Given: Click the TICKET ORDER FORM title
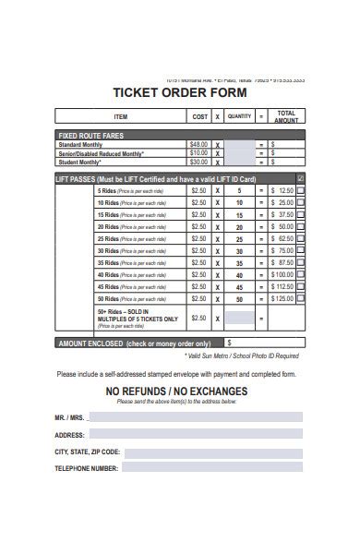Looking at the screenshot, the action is [179, 92].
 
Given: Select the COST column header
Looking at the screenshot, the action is [199, 117].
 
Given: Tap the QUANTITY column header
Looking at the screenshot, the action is [239, 117].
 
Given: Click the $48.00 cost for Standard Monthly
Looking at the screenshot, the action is [198, 145].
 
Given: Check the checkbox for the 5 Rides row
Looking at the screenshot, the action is [301, 190].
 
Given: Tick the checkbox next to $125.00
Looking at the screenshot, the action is [301, 298].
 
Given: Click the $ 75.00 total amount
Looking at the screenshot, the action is [282, 250].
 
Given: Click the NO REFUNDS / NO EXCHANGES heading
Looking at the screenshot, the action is [176, 391].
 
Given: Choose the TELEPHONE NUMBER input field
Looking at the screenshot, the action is [212, 468].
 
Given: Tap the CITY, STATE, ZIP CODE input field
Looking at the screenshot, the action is [213, 452].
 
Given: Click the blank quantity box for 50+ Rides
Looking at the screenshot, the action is [239, 318].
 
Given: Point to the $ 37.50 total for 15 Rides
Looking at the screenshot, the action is [282, 214].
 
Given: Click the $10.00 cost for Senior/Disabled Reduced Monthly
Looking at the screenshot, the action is [198, 153].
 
